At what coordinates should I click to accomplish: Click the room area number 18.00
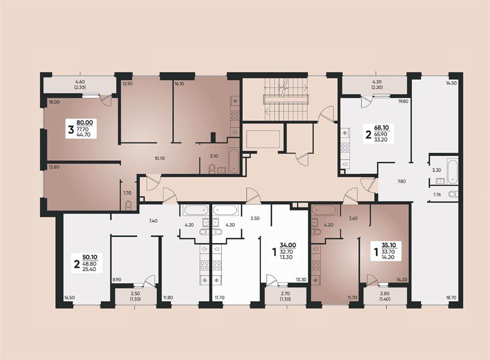tap(55, 103)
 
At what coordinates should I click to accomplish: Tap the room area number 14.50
tap(452, 83)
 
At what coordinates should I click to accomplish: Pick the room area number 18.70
tap(451, 297)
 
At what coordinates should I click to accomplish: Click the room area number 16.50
tap(70, 297)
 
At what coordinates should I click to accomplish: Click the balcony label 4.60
tap(80, 82)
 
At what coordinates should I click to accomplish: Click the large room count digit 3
tap(71, 128)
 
